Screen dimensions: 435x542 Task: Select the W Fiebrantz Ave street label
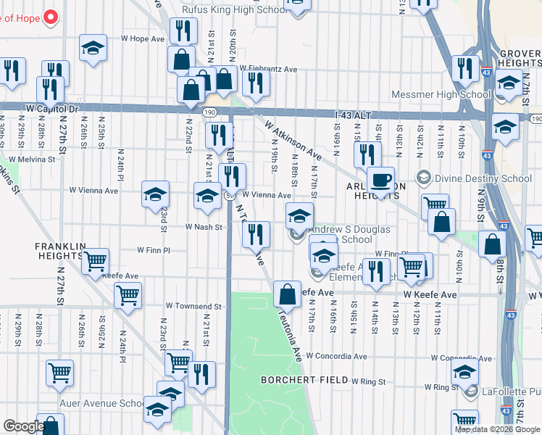[269, 69]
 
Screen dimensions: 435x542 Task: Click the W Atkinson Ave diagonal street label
[293, 140]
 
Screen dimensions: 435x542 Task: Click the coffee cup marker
[380, 181]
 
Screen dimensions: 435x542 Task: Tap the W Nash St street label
[202, 227]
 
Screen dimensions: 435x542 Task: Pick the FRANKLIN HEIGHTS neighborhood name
[59, 251]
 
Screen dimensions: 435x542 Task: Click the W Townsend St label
[187, 307]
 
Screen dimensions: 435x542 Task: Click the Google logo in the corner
[23, 426]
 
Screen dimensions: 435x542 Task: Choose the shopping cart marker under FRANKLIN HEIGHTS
[96, 262]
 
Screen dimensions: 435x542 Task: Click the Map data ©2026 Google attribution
[496, 429]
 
